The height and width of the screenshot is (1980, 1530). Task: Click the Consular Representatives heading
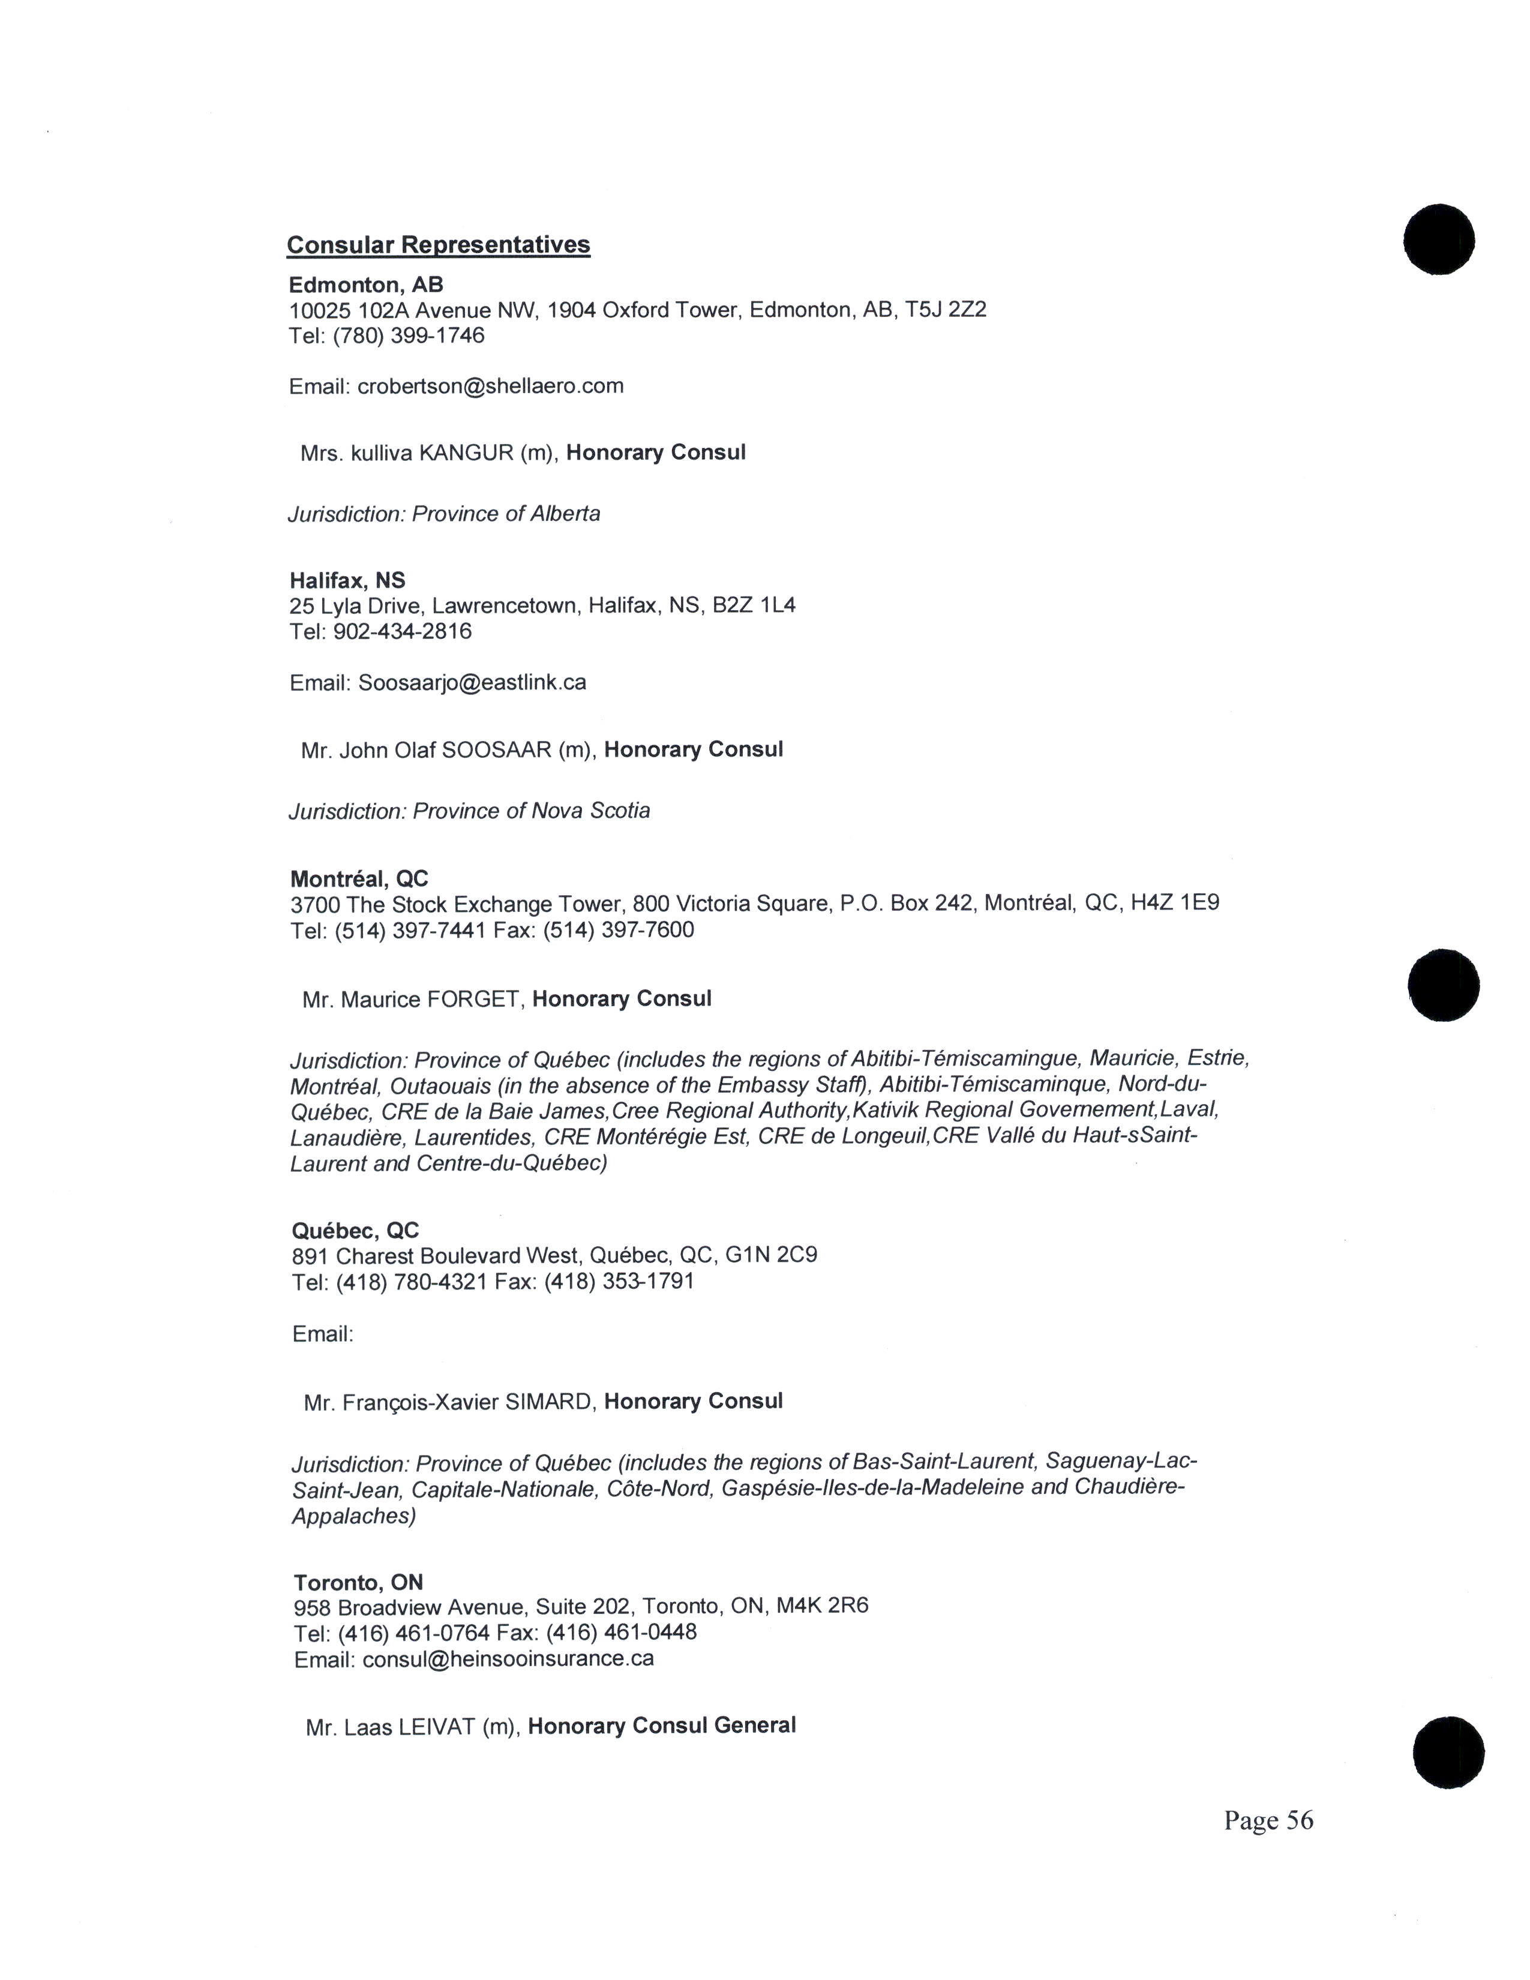click(439, 245)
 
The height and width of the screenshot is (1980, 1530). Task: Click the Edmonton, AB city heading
click(365, 284)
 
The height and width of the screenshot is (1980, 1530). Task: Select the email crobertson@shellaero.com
click(490, 386)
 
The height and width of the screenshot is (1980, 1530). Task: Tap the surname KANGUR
click(466, 452)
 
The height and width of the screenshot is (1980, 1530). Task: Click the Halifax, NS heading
click(347, 580)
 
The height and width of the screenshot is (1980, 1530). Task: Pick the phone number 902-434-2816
click(403, 631)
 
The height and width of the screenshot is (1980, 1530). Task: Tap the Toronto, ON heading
click(358, 1583)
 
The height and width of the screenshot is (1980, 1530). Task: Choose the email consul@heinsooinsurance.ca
click(508, 1659)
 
